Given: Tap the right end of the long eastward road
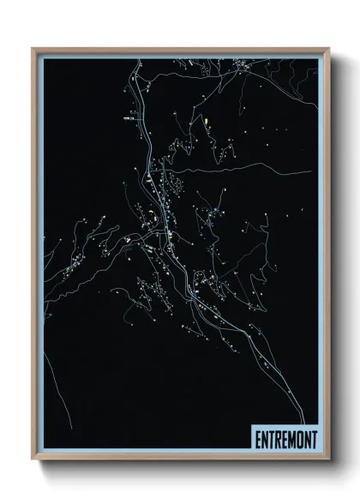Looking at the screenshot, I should (x=314, y=172).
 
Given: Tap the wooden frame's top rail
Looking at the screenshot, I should (x=180, y=50).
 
